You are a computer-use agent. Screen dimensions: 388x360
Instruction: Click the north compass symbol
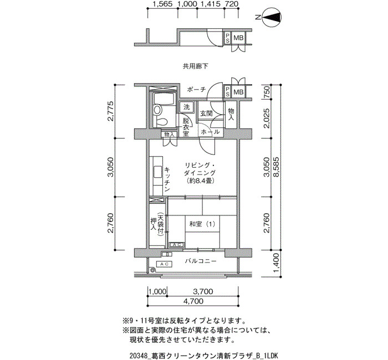272,18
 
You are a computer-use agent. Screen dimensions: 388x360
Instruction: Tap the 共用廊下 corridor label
196,66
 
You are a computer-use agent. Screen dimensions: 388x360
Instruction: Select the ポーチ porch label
196,90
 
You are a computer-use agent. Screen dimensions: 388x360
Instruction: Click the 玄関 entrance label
206,114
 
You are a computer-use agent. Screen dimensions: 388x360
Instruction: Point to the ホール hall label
210,132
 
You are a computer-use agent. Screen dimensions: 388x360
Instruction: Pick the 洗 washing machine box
187,107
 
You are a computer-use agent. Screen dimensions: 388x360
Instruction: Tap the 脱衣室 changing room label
186,127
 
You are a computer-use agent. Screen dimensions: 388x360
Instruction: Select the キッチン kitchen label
167,179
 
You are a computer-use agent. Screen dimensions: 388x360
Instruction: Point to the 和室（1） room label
202,224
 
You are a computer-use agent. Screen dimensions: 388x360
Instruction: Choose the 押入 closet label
154,224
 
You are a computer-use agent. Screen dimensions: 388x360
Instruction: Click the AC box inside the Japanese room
177,245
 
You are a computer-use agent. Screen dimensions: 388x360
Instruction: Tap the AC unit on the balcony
164,264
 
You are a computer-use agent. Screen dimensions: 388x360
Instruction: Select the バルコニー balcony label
201,261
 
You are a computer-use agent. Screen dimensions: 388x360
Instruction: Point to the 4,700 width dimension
193,301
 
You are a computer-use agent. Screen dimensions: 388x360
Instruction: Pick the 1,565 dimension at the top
162,4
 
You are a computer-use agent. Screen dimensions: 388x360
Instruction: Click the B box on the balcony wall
167,254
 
